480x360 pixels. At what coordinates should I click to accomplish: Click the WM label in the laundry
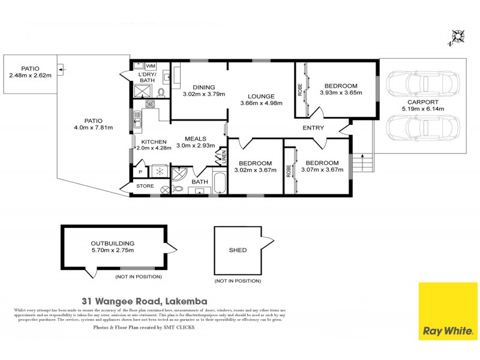(x=150, y=65)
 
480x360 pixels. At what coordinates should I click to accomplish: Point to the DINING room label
(x=199, y=88)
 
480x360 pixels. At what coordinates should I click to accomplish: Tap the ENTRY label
(x=313, y=128)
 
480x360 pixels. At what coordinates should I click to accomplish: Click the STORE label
(x=145, y=186)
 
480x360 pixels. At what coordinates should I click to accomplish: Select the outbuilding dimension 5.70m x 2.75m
(x=112, y=250)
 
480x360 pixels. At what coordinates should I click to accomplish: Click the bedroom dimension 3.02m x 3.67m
(x=255, y=170)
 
